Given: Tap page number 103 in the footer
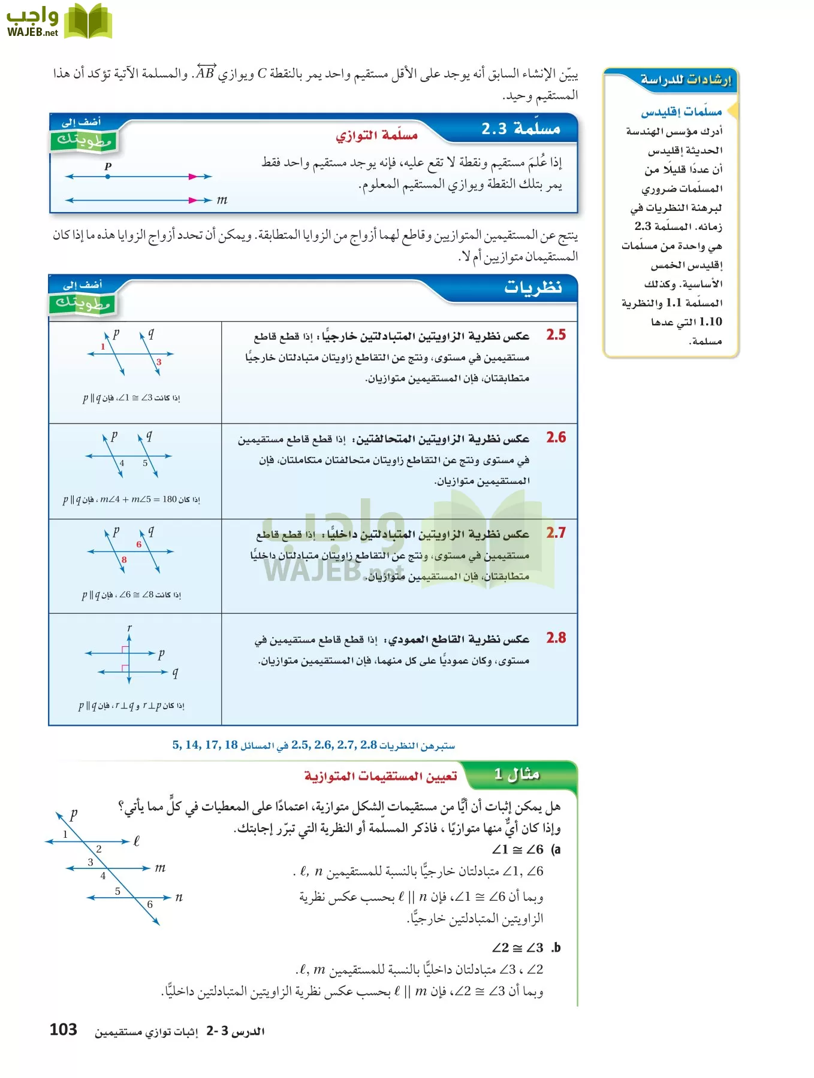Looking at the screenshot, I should [63, 1029].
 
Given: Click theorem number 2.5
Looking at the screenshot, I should [556, 335].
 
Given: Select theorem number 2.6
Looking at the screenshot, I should [556, 437].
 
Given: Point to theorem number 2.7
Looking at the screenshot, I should [556, 532].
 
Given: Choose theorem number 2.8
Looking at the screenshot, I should [556, 638].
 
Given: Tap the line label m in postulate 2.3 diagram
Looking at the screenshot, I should [222, 200].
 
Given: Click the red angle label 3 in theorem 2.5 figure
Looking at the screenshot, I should [159, 362].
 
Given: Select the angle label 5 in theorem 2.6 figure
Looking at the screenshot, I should [145, 463].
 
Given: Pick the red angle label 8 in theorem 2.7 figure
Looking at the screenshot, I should [124, 559].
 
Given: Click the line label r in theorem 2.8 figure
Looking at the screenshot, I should [129, 628].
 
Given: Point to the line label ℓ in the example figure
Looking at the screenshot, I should [137, 841].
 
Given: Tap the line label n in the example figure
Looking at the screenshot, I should [179, 897].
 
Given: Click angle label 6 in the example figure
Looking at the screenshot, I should [150, 904].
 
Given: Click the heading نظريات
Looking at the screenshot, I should [533, 287].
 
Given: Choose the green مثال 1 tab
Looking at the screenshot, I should [517, 774].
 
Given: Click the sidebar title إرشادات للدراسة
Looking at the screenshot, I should [686, 80].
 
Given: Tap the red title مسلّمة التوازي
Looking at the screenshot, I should [376, 135].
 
